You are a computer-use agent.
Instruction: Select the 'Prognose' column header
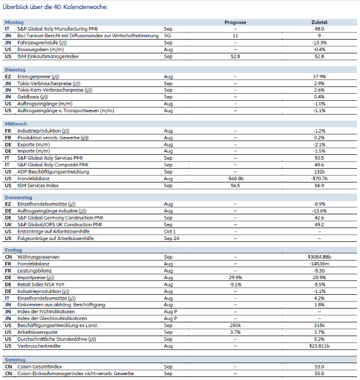tap(235, 22)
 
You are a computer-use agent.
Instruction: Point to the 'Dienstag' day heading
tap(16, 70)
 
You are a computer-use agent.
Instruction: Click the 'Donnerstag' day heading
tap(18, 197)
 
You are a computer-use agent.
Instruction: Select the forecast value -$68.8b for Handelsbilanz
tap(235, 178)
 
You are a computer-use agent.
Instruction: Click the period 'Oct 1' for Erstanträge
tap(170, 231)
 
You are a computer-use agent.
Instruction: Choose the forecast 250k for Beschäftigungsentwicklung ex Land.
tap(235, 325)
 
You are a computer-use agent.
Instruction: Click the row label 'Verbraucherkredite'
tap(38, 346)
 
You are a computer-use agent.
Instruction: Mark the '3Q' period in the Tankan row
tap(167, 35)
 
